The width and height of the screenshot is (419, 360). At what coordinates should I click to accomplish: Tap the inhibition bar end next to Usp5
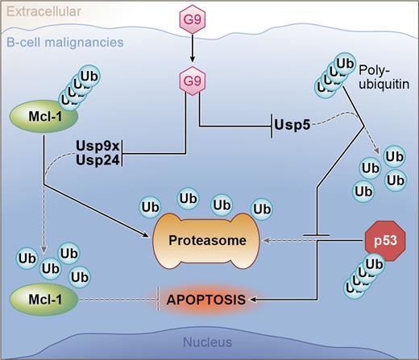[x=268, y=126]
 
